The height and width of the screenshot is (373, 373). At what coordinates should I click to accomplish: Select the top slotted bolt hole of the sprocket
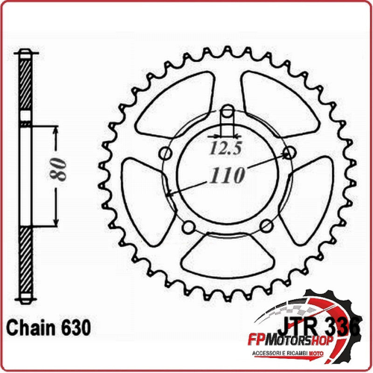[x=228, y=115]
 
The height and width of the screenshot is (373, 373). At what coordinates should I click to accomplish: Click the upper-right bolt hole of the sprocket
[x=289, y=154]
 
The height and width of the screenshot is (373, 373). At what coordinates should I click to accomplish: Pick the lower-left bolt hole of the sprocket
[x=189, y=226]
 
